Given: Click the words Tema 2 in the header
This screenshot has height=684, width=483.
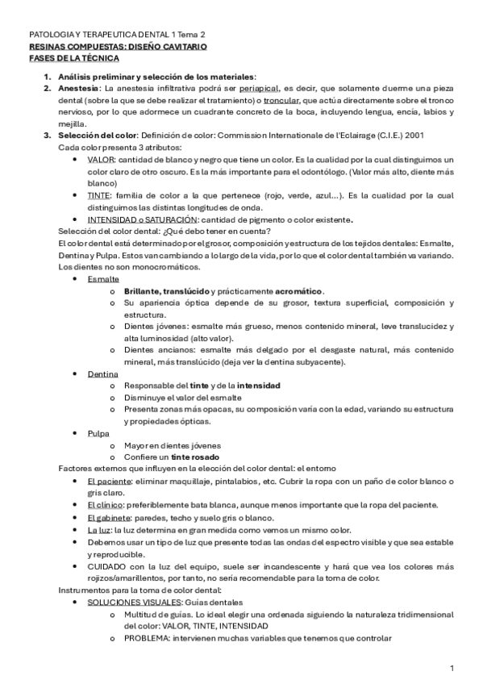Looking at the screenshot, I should click(191, 36).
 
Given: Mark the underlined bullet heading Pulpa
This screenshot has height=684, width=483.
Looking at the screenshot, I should click(99, 433).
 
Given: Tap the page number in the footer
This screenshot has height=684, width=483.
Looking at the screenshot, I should click(452, 669).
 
